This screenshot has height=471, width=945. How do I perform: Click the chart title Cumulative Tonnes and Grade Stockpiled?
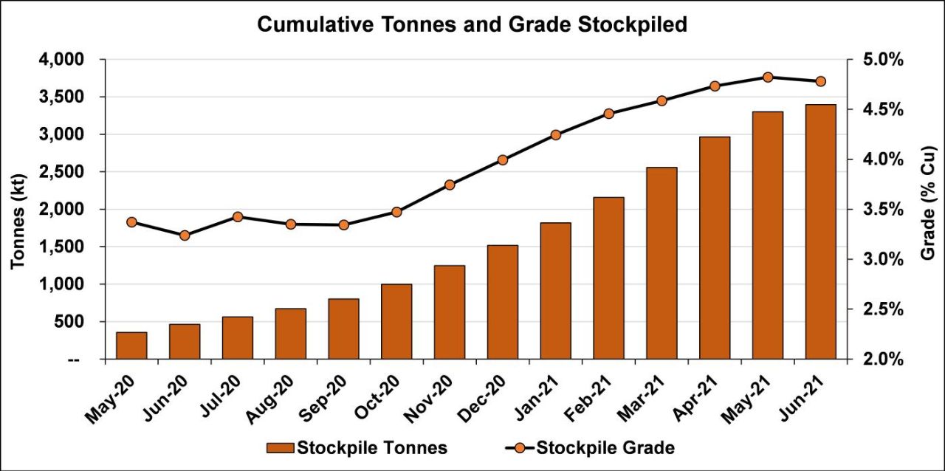(472, 25)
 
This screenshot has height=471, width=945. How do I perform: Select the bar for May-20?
(131, 345)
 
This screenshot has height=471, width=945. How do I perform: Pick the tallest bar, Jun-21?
(820, 232)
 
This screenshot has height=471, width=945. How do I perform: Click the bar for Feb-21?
(608, 278)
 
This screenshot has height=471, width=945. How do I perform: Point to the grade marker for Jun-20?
(185, 235)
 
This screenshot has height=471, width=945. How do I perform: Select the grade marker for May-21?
(768, 77)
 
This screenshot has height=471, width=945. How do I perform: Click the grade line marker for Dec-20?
(503, 159)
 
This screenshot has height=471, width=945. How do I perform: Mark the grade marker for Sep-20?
(343, 224)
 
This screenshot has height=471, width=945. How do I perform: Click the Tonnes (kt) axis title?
(18, 208)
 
